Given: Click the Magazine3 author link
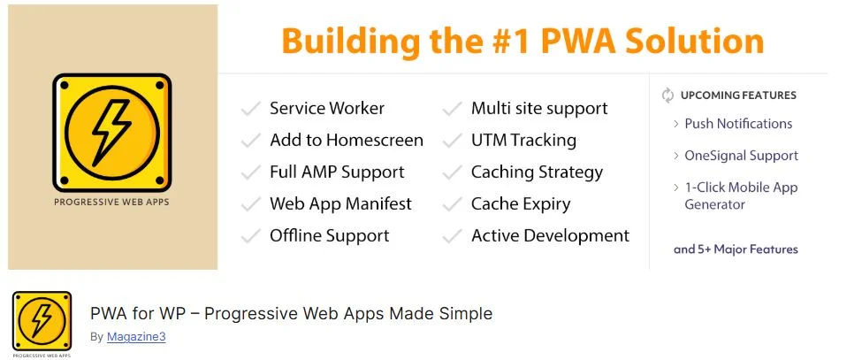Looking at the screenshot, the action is click(136, 337).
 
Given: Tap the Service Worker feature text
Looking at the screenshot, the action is click(326, 108).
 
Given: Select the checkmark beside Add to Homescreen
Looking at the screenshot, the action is click(251, 141).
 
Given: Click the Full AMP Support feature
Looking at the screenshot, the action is click(337, 172).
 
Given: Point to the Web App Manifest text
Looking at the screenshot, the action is click(340, 204).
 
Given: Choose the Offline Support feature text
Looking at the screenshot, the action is click(329, 236).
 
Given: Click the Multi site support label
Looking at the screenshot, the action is click(539, 108).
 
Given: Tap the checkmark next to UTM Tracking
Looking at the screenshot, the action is click(453, 141).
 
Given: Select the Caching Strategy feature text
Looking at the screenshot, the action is click(537, 172).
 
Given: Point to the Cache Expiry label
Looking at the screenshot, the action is click(521, 204).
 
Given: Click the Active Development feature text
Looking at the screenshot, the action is click(550, 236).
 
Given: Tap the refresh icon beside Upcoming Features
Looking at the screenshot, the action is click(667, 95).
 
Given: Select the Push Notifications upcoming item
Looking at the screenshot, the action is click(737, 124).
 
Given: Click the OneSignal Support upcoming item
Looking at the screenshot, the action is click(741, 156).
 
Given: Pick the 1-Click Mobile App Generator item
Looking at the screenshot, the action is click(741, 195).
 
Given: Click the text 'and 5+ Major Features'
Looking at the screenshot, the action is click(736, 249).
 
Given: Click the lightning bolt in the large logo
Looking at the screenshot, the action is click(111, 132).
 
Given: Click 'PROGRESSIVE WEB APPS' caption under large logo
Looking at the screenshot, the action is click(111, 202).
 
